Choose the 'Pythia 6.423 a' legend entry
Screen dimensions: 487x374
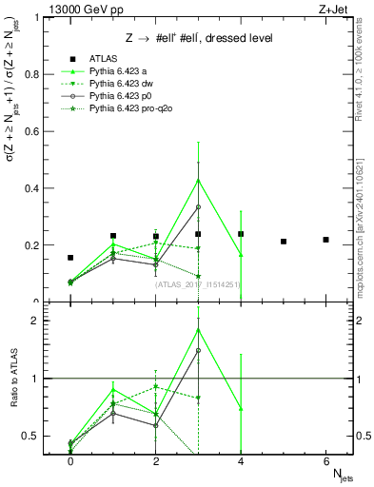pos(118,71)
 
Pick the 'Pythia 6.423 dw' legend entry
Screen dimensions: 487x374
pos(121,85)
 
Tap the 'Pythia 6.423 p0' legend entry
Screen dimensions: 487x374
pos(120,97)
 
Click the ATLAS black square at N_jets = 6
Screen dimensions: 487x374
pos(325,240)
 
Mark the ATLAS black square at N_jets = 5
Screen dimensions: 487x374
pos(284,242)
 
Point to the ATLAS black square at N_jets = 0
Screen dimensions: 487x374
pos(70,258)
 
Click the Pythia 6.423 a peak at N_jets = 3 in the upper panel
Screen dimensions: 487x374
pos(198,180)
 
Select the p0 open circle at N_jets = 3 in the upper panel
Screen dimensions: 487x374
pos(198,206)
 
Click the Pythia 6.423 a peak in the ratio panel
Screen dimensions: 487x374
pos(198,329)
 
